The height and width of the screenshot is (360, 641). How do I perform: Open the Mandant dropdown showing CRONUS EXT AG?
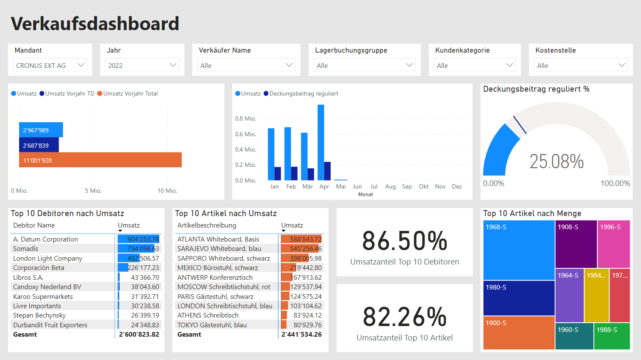click(x=50, y=65)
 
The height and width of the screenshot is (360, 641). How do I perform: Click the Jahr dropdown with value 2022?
click(x=142, y=65)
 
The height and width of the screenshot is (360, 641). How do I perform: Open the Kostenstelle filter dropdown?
click(x=580, y=65)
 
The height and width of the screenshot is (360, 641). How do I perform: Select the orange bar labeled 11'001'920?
click(x=100, y=160)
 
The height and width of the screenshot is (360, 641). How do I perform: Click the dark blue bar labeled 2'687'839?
click(x=39, y=145)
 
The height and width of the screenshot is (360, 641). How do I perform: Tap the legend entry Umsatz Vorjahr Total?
click(x=128, y=93)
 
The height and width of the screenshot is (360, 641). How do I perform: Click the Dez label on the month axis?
click(x=457, y=186)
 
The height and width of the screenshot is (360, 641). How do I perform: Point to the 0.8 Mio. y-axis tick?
click(x=245, y=118)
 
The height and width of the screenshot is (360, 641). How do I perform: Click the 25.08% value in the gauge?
click(x=557, y=162)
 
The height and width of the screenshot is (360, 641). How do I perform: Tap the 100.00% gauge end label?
click(x=615, y=183)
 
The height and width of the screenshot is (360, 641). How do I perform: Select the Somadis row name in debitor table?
click(x=25, y=249)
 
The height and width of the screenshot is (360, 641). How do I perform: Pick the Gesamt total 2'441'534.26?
click(x=301, y=335)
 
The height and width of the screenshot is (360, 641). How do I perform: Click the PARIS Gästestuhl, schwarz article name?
click(x=215, y=296)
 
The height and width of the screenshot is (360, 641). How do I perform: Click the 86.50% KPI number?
click(x=405, y=241)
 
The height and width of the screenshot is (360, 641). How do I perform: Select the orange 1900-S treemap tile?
click(x=519, y=332)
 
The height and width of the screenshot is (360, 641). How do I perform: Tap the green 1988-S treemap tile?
click(x=612, y=336)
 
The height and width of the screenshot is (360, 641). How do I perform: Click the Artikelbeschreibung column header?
click(x=207, y=225)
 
